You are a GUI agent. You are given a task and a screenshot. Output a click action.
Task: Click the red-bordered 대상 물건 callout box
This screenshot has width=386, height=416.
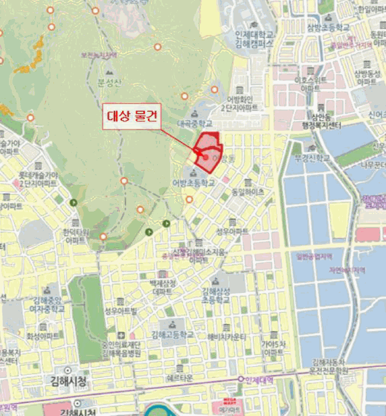(132, 115)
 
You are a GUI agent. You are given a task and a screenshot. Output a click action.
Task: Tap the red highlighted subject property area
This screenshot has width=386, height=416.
(208, 153)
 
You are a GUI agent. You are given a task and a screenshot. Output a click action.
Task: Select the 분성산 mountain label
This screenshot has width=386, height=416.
(109, 82)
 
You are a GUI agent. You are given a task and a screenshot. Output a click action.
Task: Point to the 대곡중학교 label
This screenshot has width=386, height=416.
(194, 123)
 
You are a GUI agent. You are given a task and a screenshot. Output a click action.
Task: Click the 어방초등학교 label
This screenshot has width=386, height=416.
(193, 183)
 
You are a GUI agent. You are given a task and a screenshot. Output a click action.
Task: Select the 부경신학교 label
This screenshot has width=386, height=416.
(312, 159)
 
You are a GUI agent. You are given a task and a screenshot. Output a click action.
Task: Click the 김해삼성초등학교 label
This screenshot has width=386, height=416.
(215, 295)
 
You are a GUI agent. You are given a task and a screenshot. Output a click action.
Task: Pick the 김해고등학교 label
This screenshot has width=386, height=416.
(172, 335)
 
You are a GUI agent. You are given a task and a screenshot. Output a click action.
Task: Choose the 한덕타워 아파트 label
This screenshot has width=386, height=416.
(76, 237)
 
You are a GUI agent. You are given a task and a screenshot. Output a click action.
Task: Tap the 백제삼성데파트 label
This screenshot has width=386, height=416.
(161, 288)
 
